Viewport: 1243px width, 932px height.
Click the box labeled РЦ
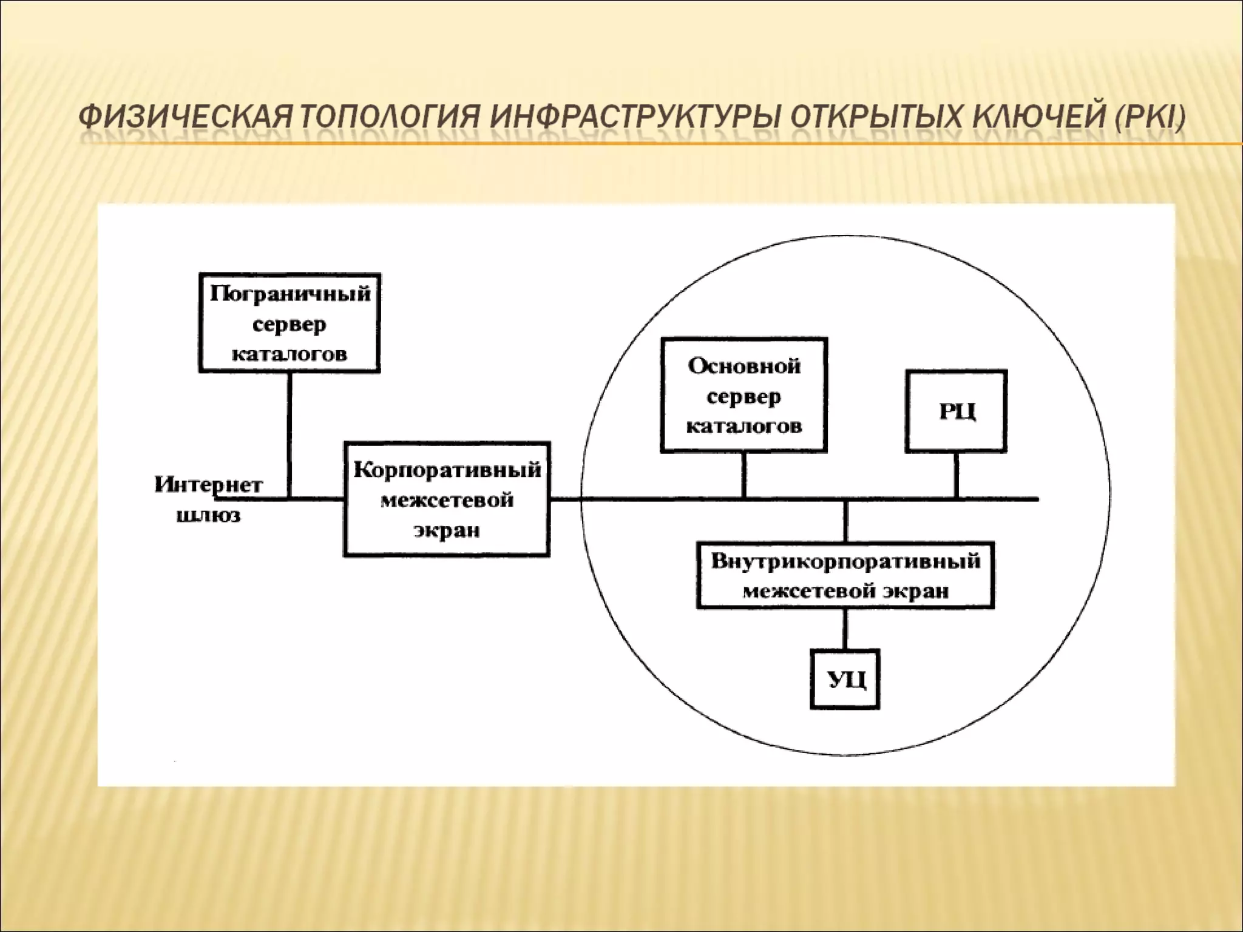coord(956,411)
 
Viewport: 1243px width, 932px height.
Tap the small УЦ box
coord(845,679)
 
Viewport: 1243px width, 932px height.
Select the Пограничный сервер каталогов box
coord(290,323)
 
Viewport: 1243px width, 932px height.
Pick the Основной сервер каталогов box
coord(743,395)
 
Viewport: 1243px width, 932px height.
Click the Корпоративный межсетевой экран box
coord(447,499)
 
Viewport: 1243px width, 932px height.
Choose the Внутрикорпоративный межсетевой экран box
coord(845,575)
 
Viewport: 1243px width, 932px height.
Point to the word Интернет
coord(208,485)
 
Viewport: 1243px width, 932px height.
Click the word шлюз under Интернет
coord(208,516)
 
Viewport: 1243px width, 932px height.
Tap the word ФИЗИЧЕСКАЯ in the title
coord(186,116)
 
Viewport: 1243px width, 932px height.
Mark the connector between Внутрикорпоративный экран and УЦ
coord(845,629)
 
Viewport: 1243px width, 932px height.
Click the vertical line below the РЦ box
coord(957,475)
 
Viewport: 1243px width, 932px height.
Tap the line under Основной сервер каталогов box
coord(744,475)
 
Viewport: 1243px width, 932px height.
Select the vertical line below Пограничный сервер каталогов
coord(290,434)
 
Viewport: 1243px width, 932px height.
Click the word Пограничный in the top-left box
coord(290,294)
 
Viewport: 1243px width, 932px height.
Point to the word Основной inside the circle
coord(744,366)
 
